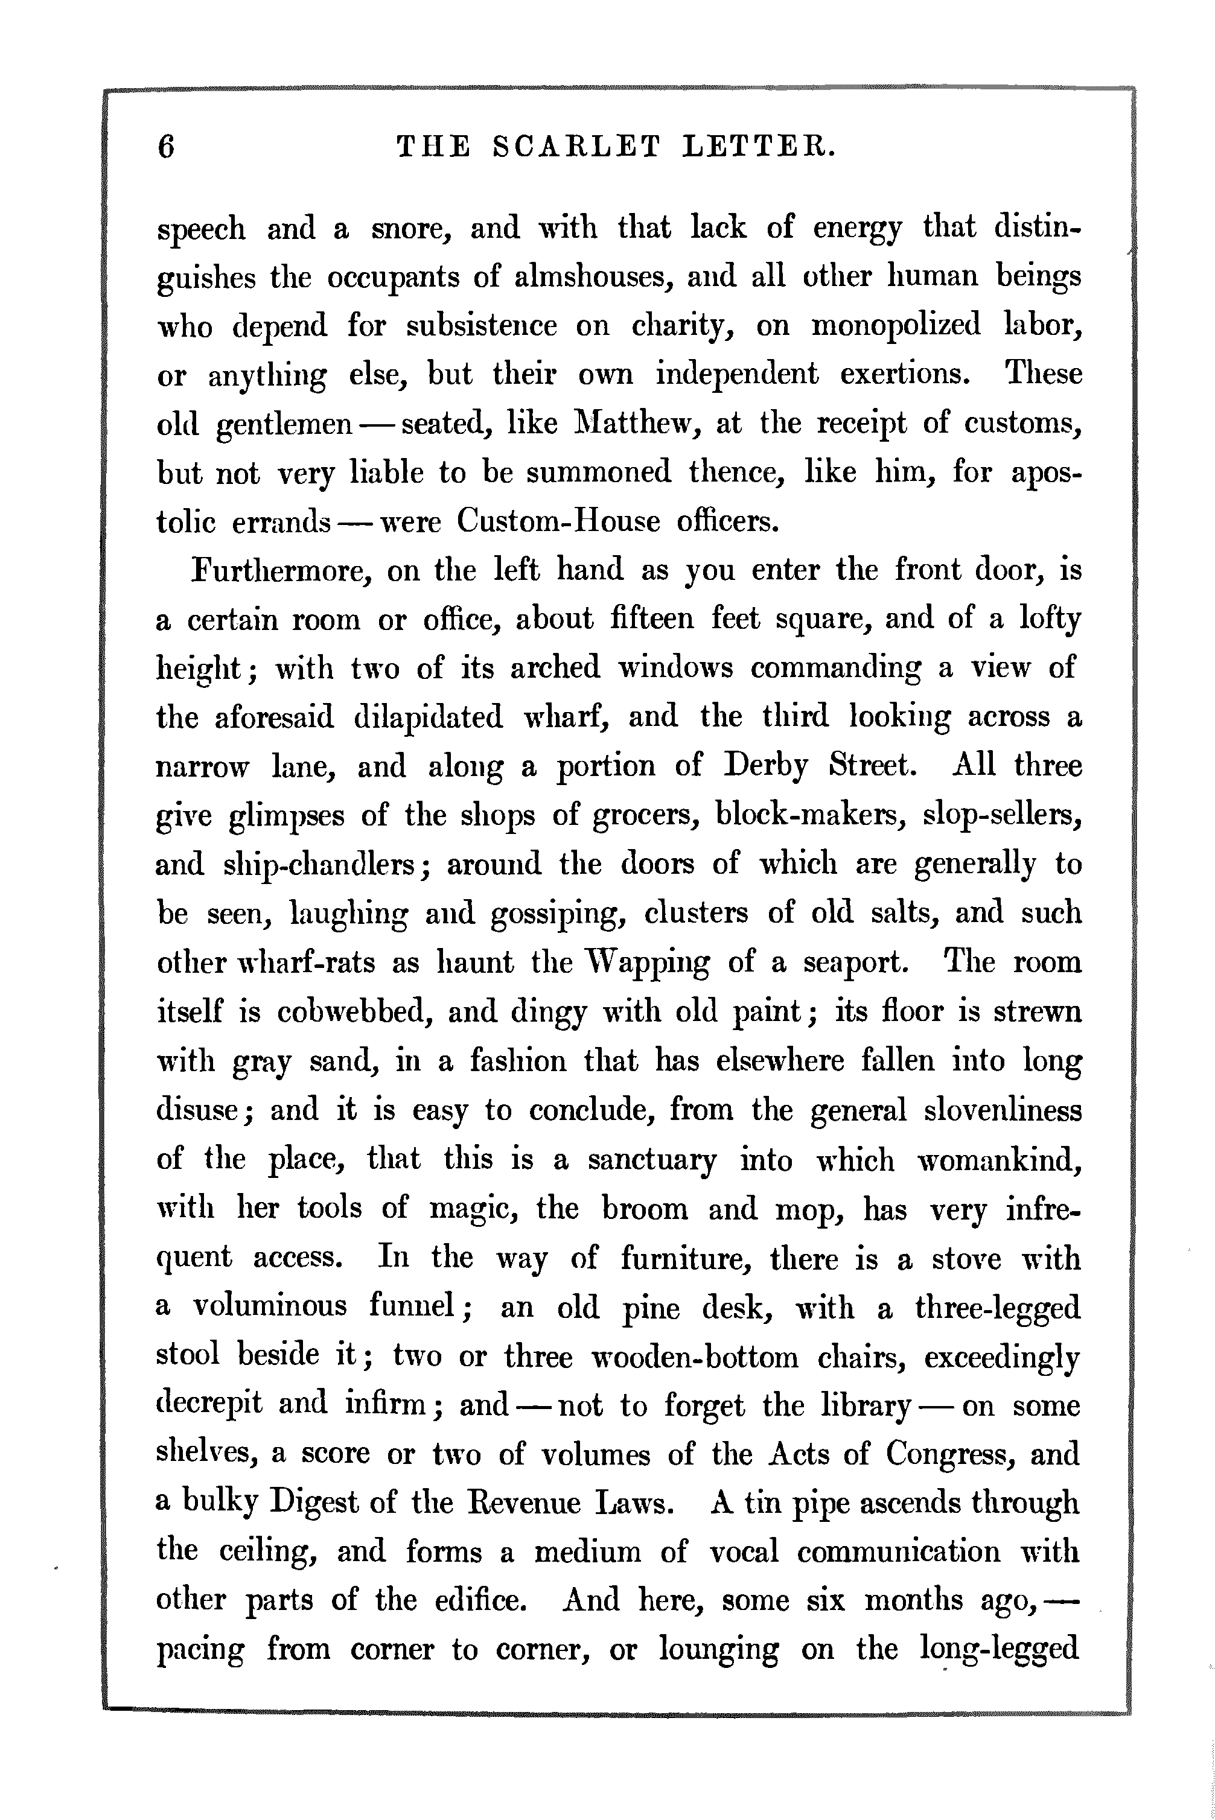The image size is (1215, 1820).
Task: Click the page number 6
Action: pos(166,145)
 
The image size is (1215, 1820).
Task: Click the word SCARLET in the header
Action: pos(577,145)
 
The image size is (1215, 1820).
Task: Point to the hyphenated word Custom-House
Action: pos(558,521)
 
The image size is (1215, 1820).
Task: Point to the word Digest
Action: pos(314,1503)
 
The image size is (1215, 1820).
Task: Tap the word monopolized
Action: pos(896,325)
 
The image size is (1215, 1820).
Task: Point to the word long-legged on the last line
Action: pos(1000,1650)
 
